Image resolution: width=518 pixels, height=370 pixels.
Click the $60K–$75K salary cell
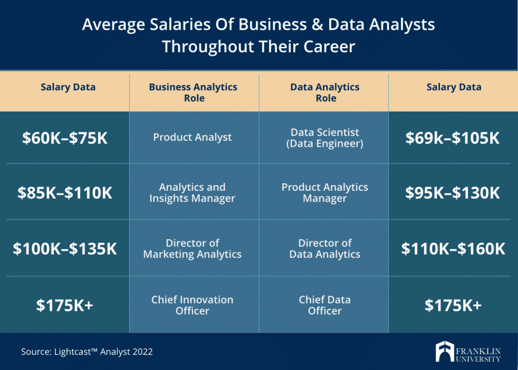(x=65, y=138)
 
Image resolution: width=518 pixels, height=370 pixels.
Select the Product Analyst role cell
(x=192, y=137)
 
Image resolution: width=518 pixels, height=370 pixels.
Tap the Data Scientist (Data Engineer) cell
(x=325, y=137)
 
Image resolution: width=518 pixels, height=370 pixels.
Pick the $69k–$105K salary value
(x=453, y=138)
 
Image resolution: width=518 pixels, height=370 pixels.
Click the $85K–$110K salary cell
(x=65, y=193)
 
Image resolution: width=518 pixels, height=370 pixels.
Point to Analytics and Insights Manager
(x=192, y=193)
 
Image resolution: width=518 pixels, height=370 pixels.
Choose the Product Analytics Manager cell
(x=325, y=193)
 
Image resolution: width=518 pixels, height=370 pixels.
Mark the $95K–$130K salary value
(x=453, y=193)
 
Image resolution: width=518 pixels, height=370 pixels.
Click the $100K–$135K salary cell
(x=65, y=249)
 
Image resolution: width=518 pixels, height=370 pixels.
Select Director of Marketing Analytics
(x=192, y=249)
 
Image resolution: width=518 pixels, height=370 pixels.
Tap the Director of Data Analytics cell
(x=325, y=249)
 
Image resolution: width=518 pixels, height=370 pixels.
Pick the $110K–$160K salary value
(x=453, y=249)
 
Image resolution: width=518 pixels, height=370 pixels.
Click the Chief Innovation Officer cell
(x=192, y=305)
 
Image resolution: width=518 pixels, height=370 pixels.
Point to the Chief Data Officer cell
(x=325, y=305)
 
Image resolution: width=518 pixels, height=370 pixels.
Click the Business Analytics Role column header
(x=193, y=93)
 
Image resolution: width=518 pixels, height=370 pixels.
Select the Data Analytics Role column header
(x=325, y=93)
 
